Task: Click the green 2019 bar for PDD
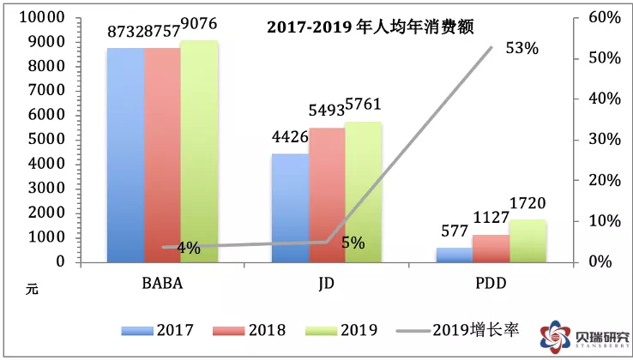(x=527, y=241)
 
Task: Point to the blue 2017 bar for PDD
(x=455, y=255)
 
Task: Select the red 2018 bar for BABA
(x=162, y=154)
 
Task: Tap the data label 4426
(x=290, y=136)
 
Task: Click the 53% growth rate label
(x=521, y=49)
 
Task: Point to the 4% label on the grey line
(x=189, y=248)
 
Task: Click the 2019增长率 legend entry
(x=463, y=330)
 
